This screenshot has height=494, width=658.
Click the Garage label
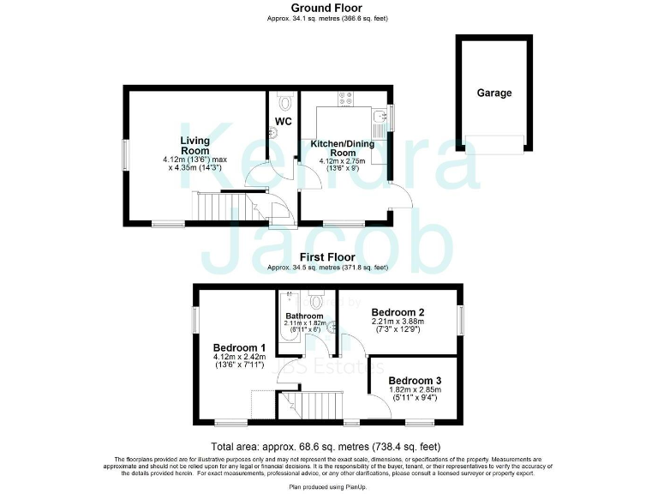(494, 93)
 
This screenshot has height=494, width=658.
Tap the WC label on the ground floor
(284, 121)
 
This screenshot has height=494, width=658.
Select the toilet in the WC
(274, 132)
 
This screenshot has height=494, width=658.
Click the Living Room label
(195, 145)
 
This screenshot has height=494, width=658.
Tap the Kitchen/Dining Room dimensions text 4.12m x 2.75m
(342, 160)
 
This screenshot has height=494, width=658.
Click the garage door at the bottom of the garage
(494, 146)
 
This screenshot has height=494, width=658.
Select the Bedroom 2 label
(398, 312)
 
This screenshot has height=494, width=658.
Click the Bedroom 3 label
(415, 381)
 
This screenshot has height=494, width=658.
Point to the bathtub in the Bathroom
(286, 330)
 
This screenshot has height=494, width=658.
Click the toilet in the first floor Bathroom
(316, 300)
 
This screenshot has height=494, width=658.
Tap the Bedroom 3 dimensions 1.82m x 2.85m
(415, 392)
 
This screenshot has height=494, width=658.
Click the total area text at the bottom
(326, 446)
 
